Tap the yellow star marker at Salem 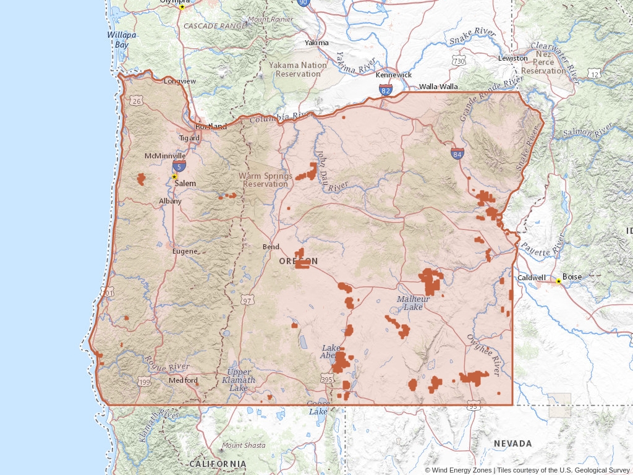[174, 177]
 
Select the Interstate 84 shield [457, 153]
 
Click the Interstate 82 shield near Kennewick [386, 90]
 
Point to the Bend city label [271, 247]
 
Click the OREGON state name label [298, 261]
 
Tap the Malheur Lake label [410, 303]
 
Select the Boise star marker [558, 281]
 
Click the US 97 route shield [247, 301]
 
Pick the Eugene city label [185, 251]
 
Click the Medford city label [183, 380]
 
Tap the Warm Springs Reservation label [265, 180]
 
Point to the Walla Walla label [438, 87]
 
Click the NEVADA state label [512, 443]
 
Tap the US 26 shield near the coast [137, 101]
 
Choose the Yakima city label [316, 43]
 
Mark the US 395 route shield [328, 379]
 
